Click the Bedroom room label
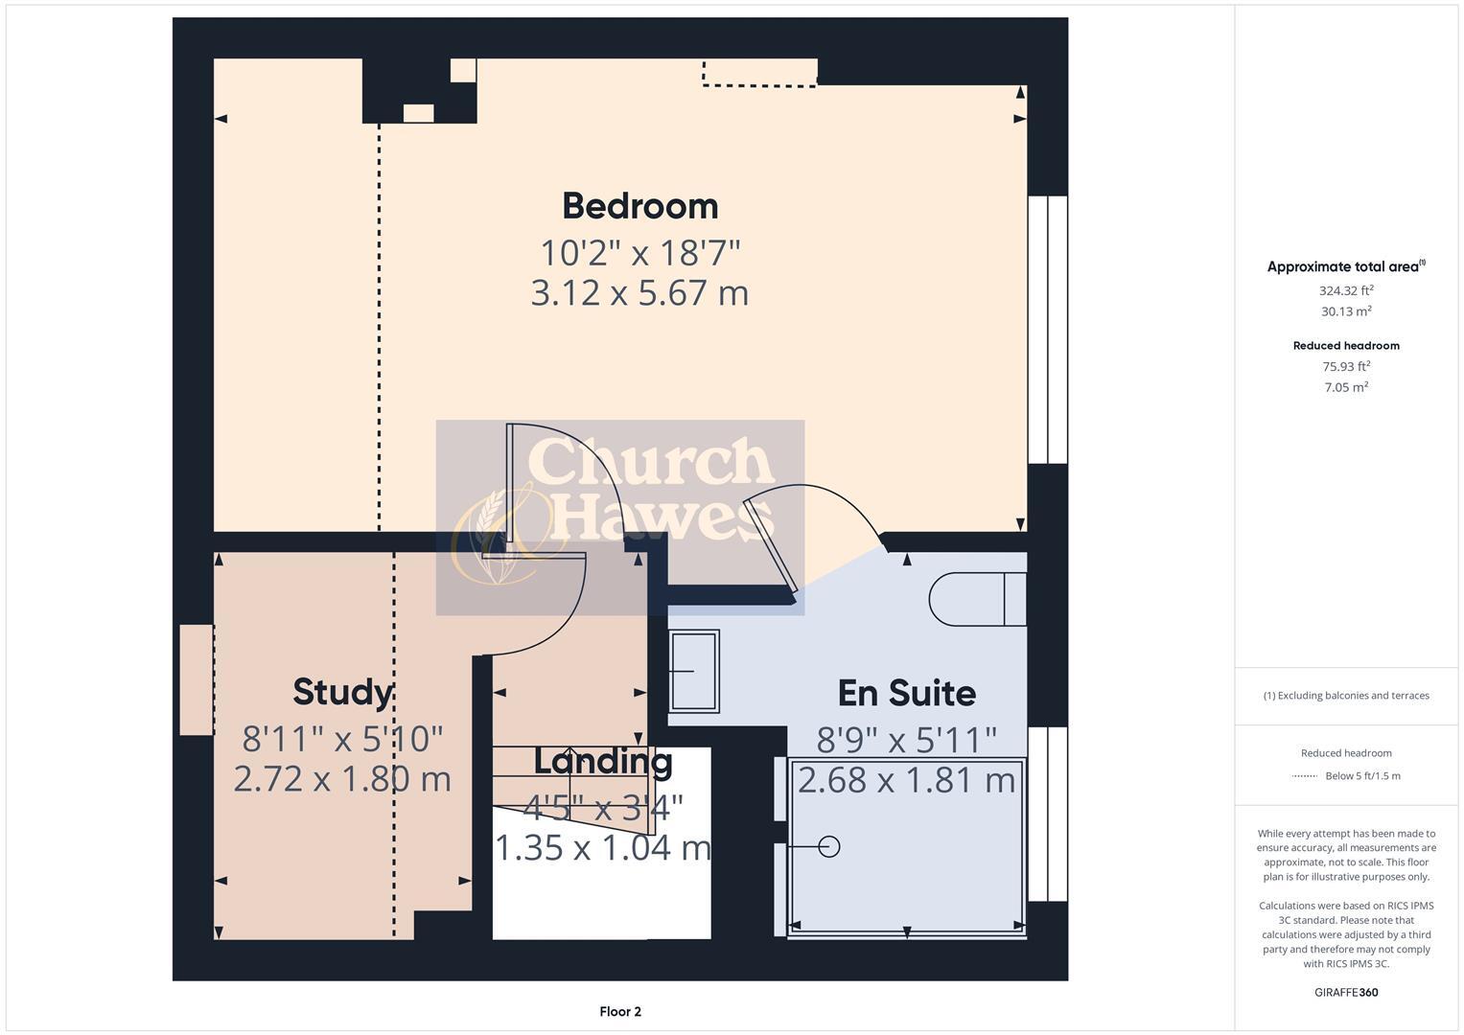[639, 206]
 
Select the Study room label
[341, 692]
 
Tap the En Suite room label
[906, 693]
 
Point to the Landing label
[602, 762]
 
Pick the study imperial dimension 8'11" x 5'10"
[341, 739]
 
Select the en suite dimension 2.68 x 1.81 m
[906, 780]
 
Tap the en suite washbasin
[693, 671]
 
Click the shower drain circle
[829, 846]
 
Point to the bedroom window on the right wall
[1047, 330]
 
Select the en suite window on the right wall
[1047, 814]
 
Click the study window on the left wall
[196, 680]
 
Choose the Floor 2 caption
[619, 1011]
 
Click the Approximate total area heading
[1345, 267]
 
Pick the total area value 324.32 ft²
[1345, 290]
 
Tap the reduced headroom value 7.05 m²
[1345, 387]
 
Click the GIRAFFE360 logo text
[1345, 992]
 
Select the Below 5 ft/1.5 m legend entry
[1361, 776]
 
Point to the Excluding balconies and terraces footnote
[1345, 696]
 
